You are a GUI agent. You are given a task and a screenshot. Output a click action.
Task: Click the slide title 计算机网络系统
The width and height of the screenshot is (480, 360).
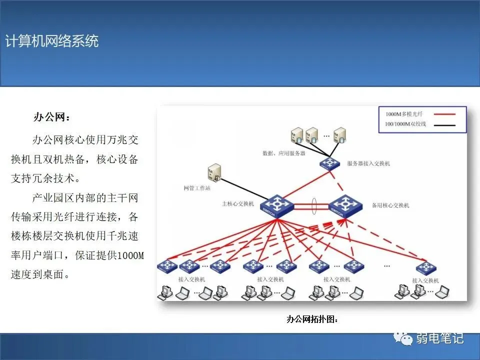(x=52, y=41)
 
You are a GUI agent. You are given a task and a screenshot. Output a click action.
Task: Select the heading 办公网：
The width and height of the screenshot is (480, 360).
(x=52, y=118)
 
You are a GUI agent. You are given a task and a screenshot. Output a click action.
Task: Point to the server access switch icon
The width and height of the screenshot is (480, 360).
(x=330, y=163)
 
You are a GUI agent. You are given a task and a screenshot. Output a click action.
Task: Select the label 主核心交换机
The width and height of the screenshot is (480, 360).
(x=238, y=204)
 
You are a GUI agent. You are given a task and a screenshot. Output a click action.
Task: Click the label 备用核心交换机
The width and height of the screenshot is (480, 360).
(x=390, y=205)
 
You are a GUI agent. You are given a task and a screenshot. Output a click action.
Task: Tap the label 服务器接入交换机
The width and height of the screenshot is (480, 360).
(x=368, y=163)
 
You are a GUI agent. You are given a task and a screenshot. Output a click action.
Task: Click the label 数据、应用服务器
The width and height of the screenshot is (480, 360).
(x=283, y=153)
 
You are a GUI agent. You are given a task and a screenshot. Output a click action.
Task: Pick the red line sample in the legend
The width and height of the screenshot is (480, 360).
(x=444, y=114)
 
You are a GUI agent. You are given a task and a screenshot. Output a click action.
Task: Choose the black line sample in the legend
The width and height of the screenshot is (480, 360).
(x=444, y=123)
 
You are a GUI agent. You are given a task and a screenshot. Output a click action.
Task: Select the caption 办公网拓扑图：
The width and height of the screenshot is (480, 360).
(x=312, y=319)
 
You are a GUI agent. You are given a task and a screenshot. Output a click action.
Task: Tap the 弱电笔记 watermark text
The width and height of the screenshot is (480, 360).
(x=440, y=338)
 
